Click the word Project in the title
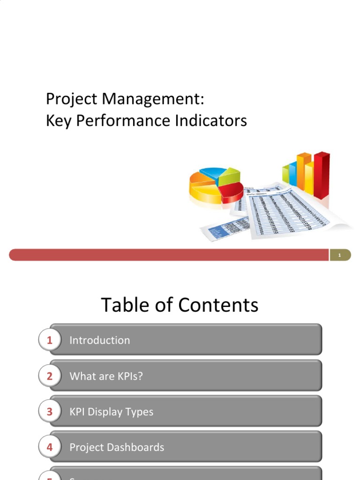(72, 99)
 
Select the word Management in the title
(153, 99)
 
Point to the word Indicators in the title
(211, 121)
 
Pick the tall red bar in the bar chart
(321, 174)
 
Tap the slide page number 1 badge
(339, 255)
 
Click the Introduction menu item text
(99, 340)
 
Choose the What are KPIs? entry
(105, 376)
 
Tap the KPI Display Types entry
(111, 412)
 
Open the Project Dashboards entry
(117, 447)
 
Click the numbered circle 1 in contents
(49, 340)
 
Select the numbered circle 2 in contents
(49, 376)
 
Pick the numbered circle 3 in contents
(49, 412)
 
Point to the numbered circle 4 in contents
(49, 447)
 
